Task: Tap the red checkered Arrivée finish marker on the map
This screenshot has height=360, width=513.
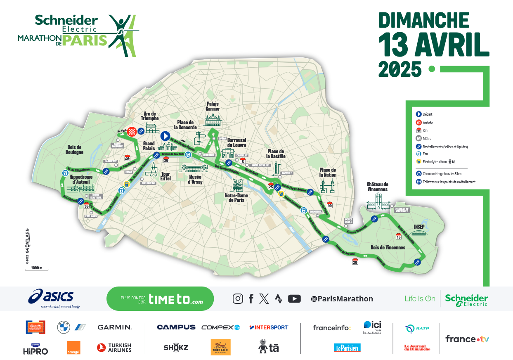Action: point(132,131)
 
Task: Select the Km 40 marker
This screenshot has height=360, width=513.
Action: point(127,158)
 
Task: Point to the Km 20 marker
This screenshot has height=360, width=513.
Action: point(355,261)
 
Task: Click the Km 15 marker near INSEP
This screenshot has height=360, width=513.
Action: point(398,236)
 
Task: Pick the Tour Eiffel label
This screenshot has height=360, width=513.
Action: point(165,176)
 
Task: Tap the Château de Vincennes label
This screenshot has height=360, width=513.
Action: point(377,187)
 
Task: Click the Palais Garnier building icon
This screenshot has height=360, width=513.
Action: point(213,120)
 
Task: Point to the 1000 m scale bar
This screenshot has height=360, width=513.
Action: point(36,269)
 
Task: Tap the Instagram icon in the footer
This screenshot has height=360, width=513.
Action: point(238,298)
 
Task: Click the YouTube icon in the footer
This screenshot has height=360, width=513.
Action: point(294,298)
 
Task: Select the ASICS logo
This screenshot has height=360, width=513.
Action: point(51,297)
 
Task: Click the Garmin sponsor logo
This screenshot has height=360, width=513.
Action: point(114,327)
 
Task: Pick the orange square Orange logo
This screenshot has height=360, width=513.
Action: point(73,348)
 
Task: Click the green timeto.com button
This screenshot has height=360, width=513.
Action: point(160,298)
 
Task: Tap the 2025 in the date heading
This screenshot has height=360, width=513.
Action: point(400,69)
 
